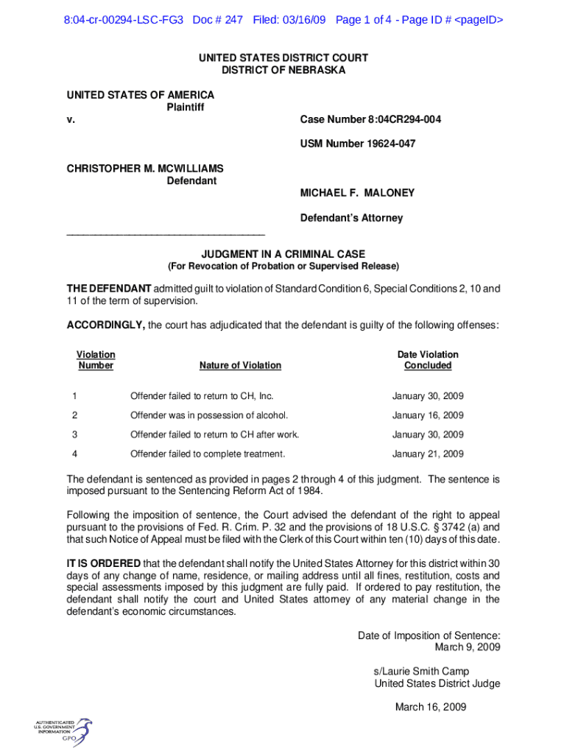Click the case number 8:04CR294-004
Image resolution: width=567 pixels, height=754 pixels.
tap(370, 119)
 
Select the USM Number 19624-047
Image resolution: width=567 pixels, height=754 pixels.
tap(357, 144)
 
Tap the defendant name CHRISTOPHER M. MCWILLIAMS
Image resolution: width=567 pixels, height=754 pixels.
tap(145, 169)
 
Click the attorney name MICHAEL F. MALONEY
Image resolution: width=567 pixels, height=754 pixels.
tap(357, 193)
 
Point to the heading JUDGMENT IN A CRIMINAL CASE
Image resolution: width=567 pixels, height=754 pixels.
tap(283, 254)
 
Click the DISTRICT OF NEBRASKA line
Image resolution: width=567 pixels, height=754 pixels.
tap(283, 70)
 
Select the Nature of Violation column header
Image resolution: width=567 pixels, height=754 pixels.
tap(240, 365)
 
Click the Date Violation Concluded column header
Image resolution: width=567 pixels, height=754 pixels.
tap(428, 360)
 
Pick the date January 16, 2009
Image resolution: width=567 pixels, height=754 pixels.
tap(428, 415)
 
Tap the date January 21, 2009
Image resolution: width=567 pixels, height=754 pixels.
tap(428, 454)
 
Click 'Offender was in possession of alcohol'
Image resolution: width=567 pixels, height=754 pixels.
tap(209, 415)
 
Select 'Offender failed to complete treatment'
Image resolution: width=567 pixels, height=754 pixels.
tap(208, 454)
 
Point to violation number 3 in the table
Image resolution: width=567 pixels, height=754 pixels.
tap(74, 434)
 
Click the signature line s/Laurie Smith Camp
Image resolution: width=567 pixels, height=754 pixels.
tap(421, 672)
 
